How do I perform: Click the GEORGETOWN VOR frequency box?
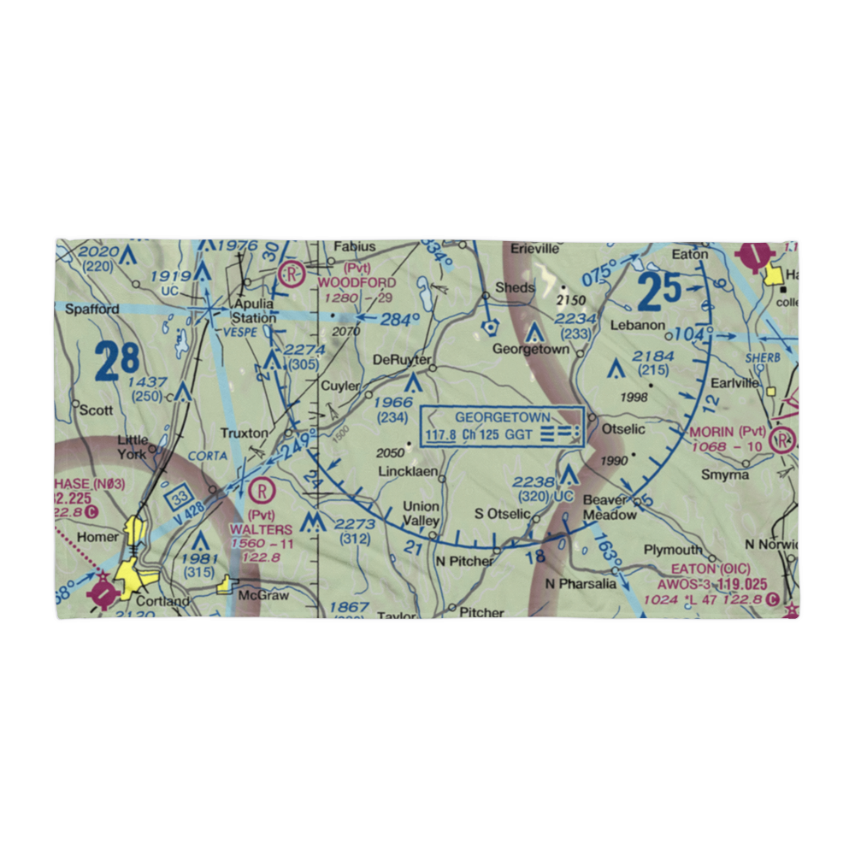pyautogui.click(x=502, y=426)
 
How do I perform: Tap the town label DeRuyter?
pyautogui.click(x=402, y=360)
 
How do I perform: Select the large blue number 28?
pyautogui.click(x=118, y=361)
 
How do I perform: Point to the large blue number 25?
pyautogui.click(x=659, y=293)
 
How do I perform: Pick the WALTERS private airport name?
pyautogui.click(x=260, y=530)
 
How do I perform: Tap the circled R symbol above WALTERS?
pyautogui.click(x=261, y=491)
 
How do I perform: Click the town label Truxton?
pyautogui.click(x=244, y=433)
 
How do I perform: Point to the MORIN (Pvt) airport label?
pyautogui.click(x=729, y=431)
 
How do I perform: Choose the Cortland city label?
pyautogui.click(x=162, y=601)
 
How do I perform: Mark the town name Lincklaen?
pyautogui.click(x=409, y=472)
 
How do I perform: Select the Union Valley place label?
pyautogui.click(x=421, y=513)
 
